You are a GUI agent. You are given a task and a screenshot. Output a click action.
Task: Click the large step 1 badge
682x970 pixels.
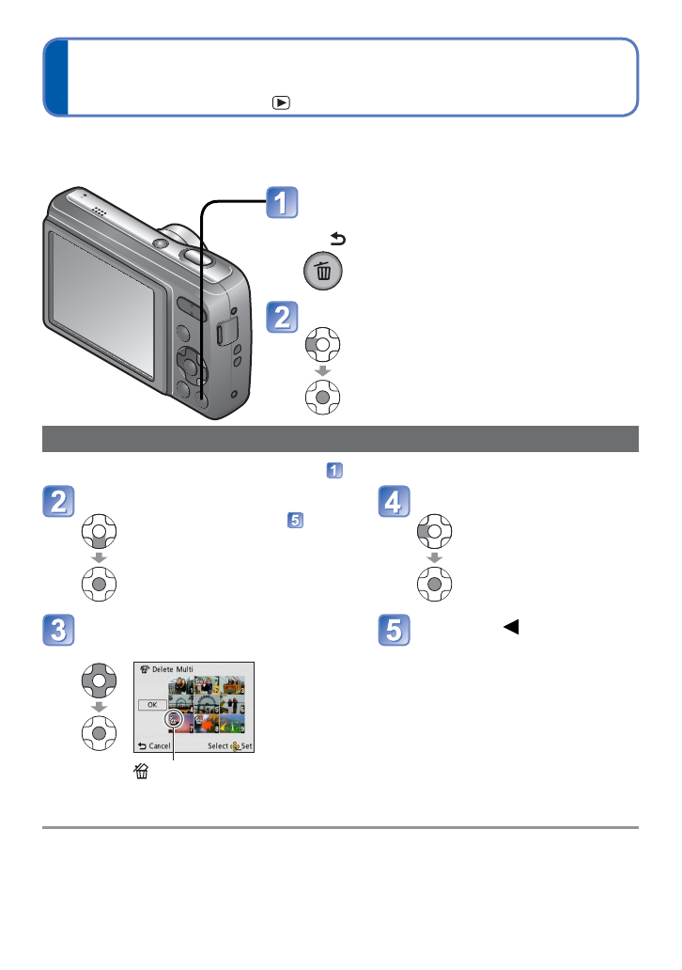point(283,204)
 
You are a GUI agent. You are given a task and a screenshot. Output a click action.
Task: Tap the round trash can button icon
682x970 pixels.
point(322,273)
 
